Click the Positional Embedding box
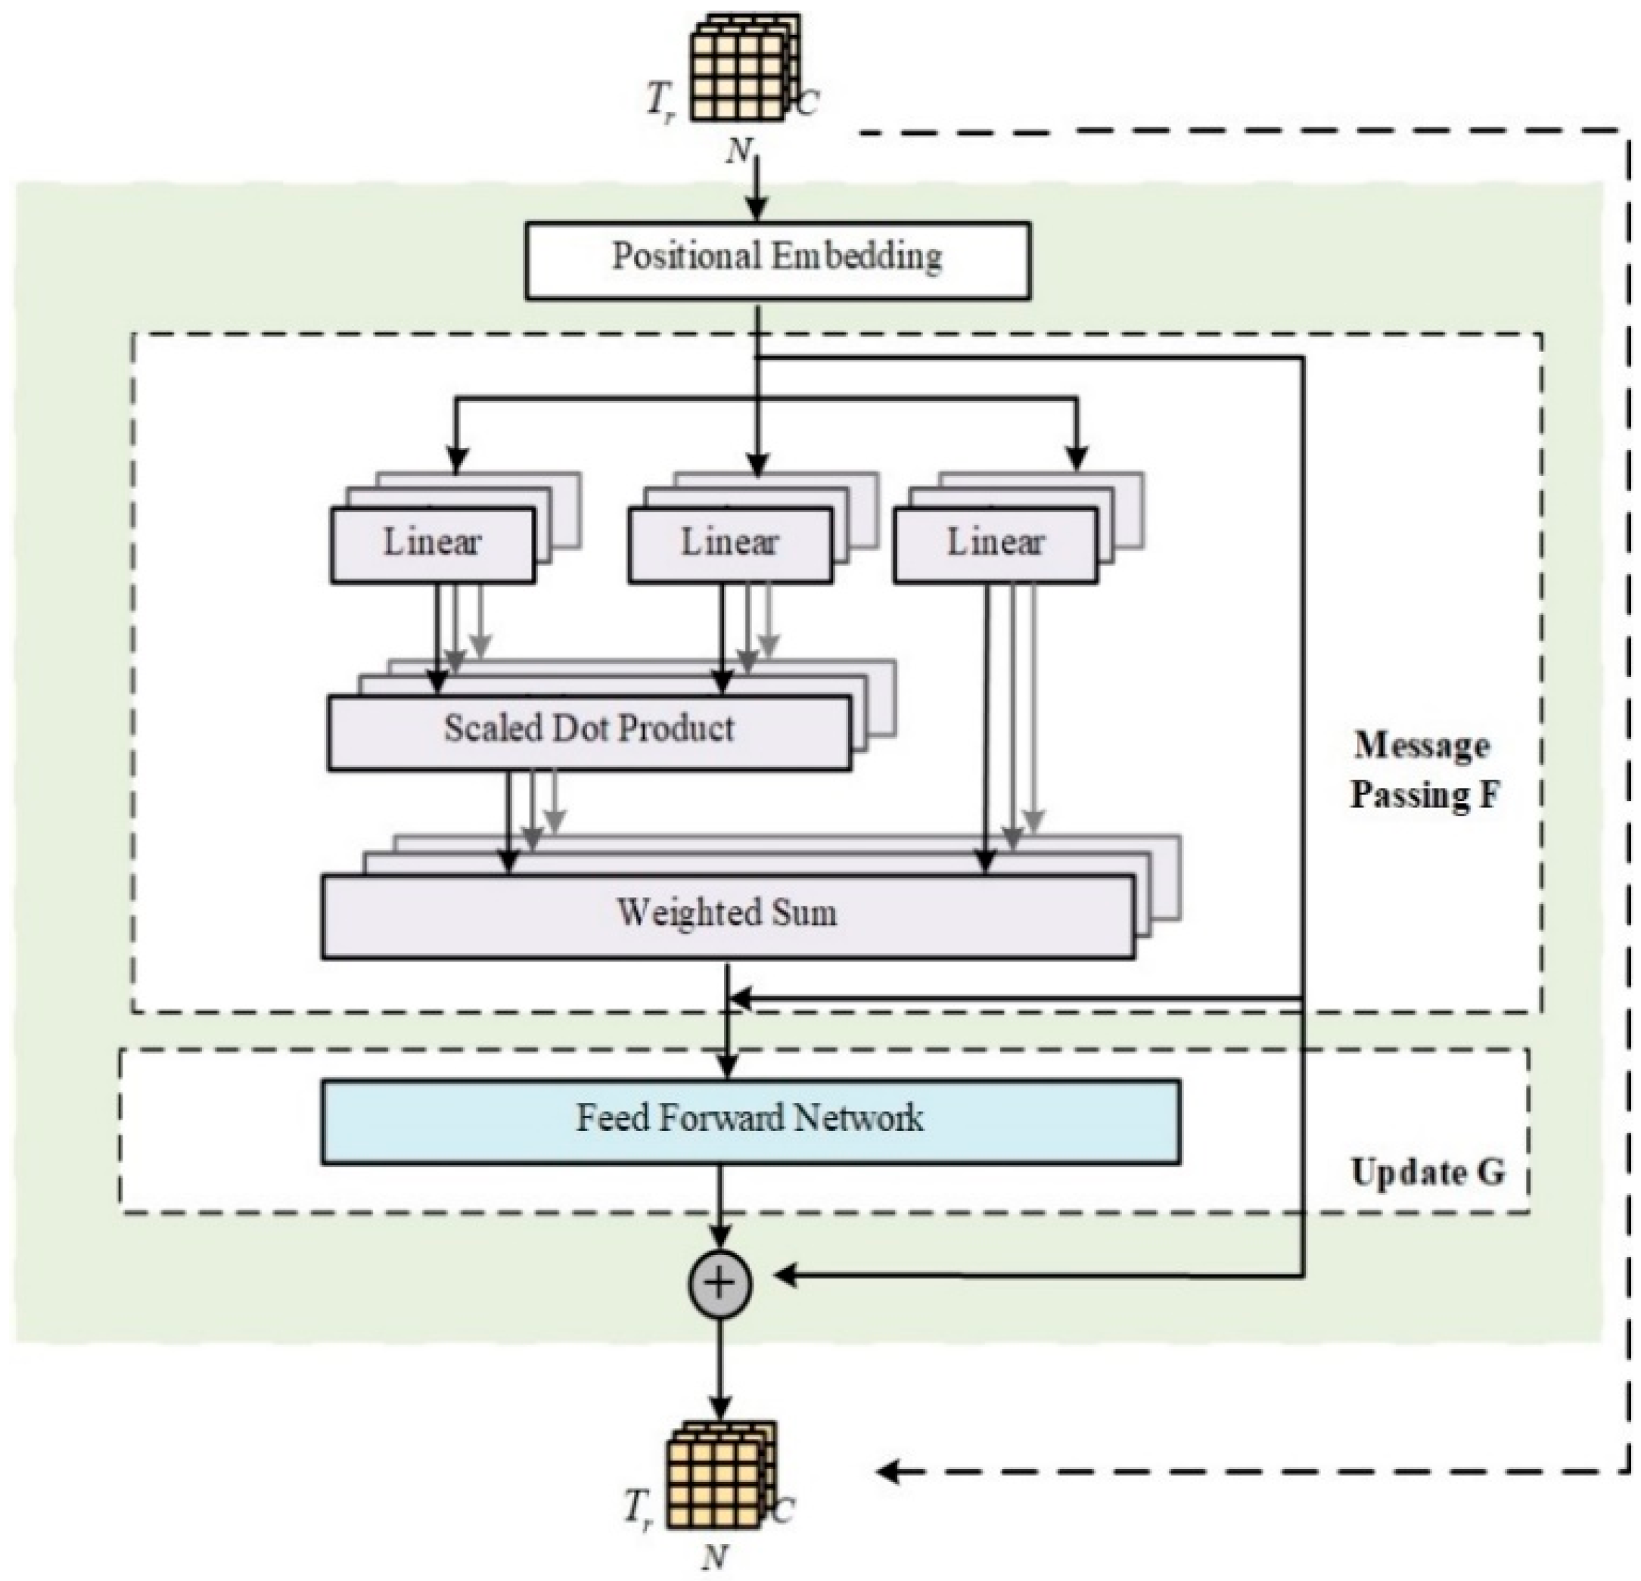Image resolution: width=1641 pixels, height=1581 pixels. [777, 259]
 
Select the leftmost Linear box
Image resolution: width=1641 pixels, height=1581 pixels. [432, 544]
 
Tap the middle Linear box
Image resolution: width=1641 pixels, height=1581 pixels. [729, 544]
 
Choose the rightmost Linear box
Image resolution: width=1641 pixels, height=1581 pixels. [995, 544]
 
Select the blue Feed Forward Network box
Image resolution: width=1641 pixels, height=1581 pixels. [751, 1122]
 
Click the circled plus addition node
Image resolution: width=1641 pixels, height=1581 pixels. [719, 1283]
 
